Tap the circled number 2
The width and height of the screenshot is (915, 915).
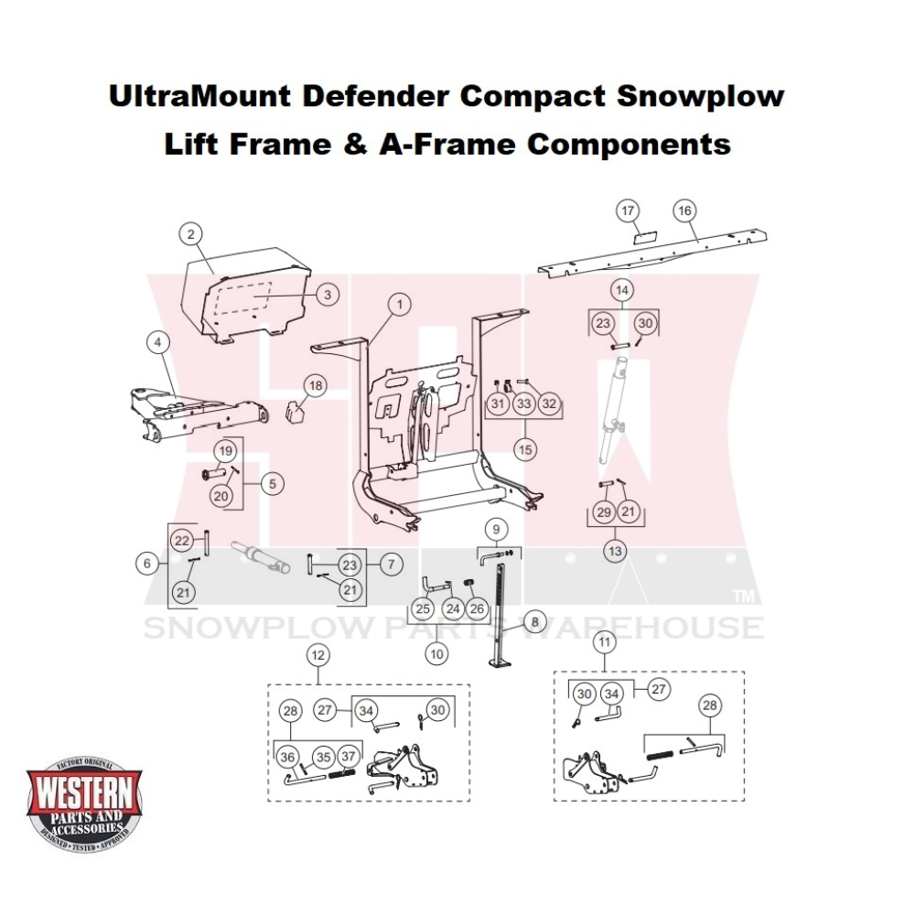[190, 235]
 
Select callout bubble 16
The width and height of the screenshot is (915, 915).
[684, 210]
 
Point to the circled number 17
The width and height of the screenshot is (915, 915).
[628, 212]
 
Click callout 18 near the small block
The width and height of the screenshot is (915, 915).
[316, 386]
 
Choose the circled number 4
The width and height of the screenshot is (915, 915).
[157, 342]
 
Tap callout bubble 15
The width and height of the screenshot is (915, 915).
[524, 449]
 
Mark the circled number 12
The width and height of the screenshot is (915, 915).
[318, 655]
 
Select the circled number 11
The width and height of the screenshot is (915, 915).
[604, 642]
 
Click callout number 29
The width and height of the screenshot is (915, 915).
[604, 512]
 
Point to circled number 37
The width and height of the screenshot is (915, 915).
[348, 757]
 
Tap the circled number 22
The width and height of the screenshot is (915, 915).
[182, 540]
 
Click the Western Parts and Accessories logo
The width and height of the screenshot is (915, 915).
[84, 802]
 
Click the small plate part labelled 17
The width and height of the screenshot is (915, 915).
[645, 235]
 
